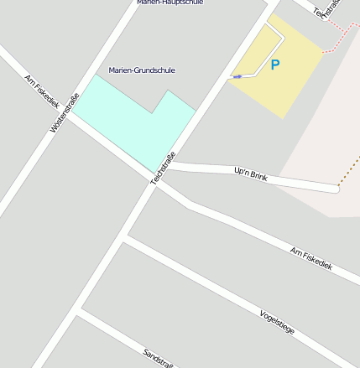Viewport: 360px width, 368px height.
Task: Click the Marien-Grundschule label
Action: (142, 70)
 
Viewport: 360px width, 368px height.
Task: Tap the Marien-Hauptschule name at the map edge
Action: (170, 3)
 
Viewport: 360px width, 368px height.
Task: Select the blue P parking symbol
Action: (274, 65)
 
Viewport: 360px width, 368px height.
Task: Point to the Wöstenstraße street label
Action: (65, 113)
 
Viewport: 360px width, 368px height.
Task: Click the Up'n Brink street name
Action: (250, 174)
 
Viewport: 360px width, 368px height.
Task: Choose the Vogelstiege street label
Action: (277, 321)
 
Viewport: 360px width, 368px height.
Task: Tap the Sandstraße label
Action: (158, 359)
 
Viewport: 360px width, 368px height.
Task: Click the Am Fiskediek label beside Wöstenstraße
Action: (42, 92)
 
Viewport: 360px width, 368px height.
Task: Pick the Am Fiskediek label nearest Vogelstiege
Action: (311, 258)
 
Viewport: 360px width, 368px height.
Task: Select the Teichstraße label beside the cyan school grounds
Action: (163, 168)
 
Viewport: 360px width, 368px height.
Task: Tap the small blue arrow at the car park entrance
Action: (237, 76)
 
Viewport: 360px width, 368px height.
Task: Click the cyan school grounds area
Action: (134, 122)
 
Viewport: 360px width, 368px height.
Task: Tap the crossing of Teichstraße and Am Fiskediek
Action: (154, 183)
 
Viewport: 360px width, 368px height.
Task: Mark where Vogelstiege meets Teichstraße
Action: (125, 239)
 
